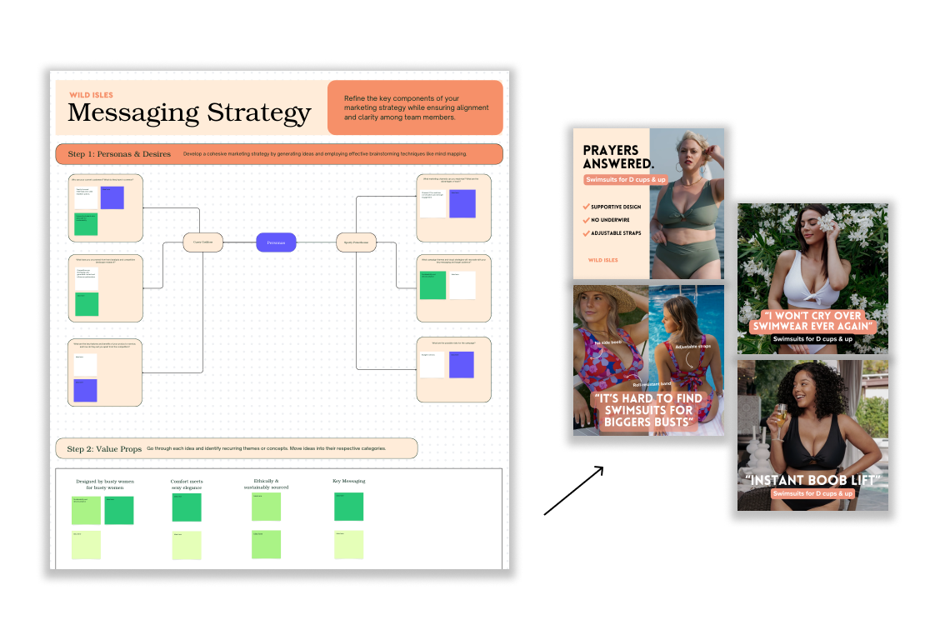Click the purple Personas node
click(x=276, y=242)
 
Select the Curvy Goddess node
click(x=203, y=242)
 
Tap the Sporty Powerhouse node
click(x=356, y=242)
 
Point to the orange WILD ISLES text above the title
click(x=91, y=95)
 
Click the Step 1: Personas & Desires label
click(x=119, y=154)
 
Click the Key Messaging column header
click(x=348, y=481)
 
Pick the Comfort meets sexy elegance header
click(x=187, y=484)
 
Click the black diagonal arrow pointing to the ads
click(x=573, y=491)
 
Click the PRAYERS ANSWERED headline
click(x=618, y=157)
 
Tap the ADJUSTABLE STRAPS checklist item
click(x=616, y=233)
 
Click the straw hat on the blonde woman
click(x=602, y=297)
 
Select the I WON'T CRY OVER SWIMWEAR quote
click(x=812, y=321)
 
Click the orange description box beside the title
click(x=415, y=107)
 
